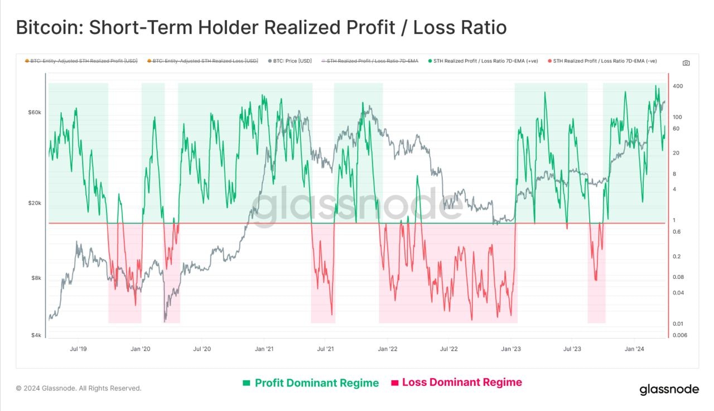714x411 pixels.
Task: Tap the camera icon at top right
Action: coord(686,63)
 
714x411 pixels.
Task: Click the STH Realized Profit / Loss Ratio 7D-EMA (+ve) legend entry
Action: coord(483,61)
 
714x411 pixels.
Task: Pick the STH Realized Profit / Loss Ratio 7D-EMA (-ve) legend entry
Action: coord(602,61)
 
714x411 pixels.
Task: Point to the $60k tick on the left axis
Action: coord(35,113)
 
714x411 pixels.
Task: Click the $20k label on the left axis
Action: coord(35,204)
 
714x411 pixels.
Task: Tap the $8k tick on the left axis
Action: coord(36,278)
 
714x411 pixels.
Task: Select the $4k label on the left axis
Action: coord(36,335)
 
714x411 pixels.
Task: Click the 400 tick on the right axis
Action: coord(678,86)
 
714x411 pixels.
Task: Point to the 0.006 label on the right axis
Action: coord(680,335)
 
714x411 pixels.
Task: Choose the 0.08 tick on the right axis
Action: coord(678,277)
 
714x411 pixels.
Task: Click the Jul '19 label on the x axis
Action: coord(79,349)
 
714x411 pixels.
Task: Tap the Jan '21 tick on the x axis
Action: coord(264,349)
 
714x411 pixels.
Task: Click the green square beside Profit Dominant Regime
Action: coord(247,383)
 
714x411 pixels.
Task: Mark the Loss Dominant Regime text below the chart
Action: coord(462,383)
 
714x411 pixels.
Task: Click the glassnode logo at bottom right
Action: coord(668,389)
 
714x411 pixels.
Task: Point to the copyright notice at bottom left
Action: coord(79,388)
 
